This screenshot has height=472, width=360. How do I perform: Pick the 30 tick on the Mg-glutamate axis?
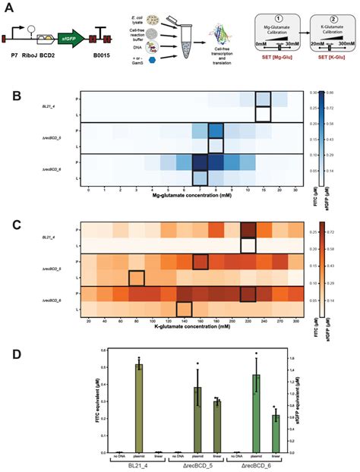(295, 189)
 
